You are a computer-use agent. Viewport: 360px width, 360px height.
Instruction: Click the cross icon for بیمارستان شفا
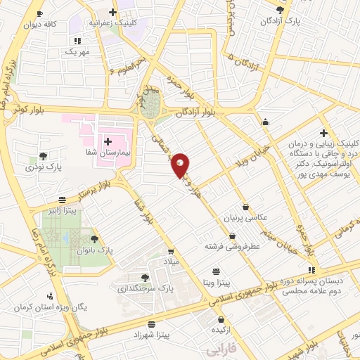108,142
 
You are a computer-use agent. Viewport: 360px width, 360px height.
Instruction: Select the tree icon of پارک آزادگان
281,10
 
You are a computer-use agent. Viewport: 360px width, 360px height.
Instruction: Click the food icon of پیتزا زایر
63,200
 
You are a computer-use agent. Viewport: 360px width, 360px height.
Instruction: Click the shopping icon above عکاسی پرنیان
245,207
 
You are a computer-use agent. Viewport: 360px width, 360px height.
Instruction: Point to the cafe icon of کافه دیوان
39,14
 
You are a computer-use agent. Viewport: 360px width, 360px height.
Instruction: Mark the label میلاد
172,261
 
